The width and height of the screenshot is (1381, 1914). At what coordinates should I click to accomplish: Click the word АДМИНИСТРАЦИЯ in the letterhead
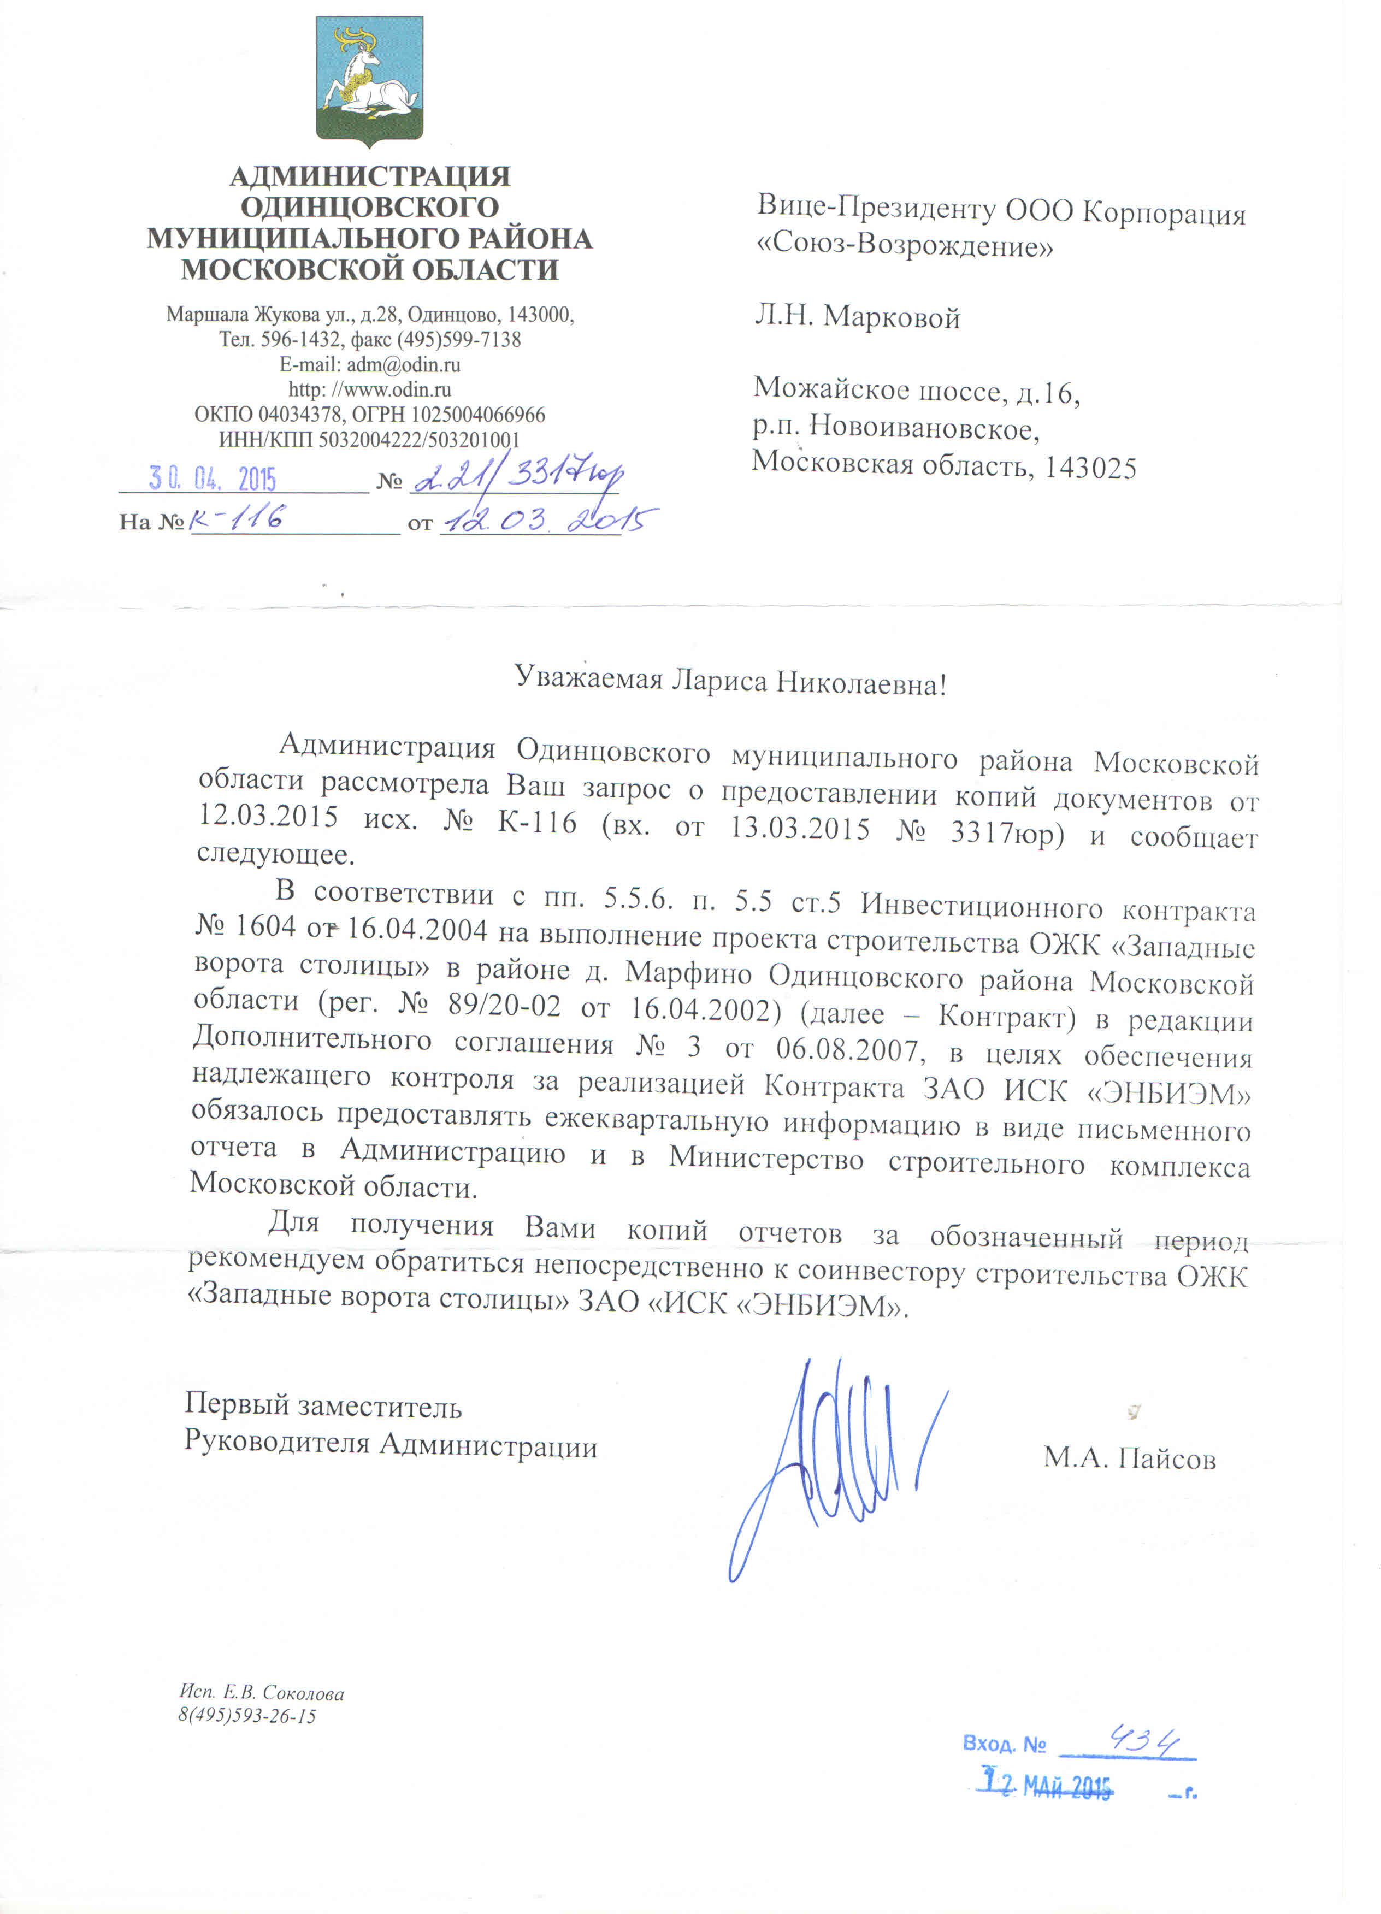370,176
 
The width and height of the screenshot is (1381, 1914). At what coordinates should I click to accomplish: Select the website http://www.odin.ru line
370,390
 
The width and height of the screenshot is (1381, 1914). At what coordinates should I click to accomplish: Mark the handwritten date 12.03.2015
548,520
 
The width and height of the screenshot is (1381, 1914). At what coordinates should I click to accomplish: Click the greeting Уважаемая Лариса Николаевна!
730,680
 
